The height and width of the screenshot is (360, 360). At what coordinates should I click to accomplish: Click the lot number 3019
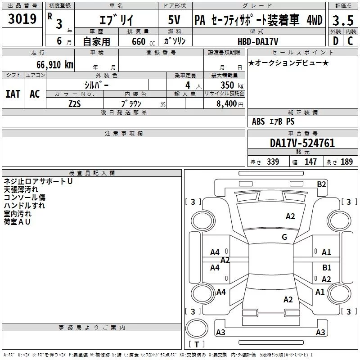pyautogui.click(x=22, y=19)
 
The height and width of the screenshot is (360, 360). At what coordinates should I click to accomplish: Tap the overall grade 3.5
pyautogui.click(x=343, y=20)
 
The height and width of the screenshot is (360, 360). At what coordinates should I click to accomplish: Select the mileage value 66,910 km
pyautogui.click(x=55, y=65)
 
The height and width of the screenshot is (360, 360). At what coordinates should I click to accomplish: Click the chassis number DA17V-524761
pyautogui.click(x=302, y=143)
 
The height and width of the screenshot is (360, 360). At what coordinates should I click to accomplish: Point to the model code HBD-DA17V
pyautogui.click(x=258, y=41)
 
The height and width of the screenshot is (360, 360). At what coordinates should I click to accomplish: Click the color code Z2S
pyautogui.click(x=75, y=104)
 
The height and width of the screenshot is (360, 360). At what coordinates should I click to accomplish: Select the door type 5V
pyautogui.click(x=174, y=20)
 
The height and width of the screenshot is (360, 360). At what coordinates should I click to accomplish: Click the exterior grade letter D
pyautogui.click(x=336, y=41)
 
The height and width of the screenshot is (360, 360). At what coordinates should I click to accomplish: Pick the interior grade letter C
pyautogui.click(x=350, y=41)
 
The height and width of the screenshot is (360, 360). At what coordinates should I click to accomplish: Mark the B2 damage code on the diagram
pyautogui.click(x=321, y=184)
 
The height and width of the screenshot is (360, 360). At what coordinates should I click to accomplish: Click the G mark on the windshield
pyautogui.click(x=284, y=237)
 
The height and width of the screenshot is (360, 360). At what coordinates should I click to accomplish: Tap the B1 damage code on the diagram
pyautogui.click(x=327, y=267)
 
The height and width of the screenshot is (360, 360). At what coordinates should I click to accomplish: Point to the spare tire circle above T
pyautogui.click(x=197, y=328)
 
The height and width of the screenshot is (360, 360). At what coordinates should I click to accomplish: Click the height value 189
pyautogui.click(x=346, y=162)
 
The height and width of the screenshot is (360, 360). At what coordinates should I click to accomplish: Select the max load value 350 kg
pyautogui.click(x=232, y=85)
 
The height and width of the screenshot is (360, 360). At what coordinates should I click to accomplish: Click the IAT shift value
pyautogui.click(x=13, y=94)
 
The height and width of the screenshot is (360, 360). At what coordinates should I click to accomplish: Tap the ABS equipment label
pyautogui.click(x=258, y=121)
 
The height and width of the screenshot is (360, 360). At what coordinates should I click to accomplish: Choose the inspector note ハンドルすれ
pyautogui.click(x=24, y=206)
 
